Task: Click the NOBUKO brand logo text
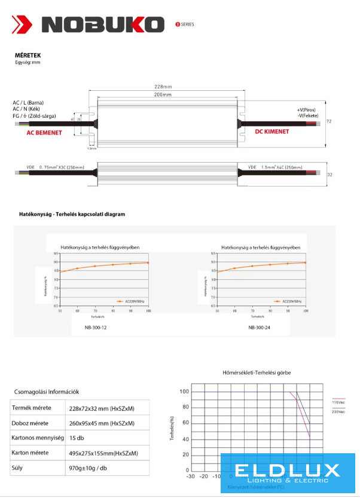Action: [x=103, y=25]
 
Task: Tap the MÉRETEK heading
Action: [x=28, y=56]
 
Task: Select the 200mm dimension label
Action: [x=163, y=95]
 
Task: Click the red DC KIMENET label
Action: [x=272, y=132]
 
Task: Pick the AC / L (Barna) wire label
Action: [x=28, y=103]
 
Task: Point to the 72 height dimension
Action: [x=329, y=121]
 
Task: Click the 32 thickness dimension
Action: [x=329, y=175]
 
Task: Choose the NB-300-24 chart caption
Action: [x=259, y=328]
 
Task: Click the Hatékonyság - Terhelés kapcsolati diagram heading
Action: [x=72, y=214]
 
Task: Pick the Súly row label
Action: [x=19, y=468]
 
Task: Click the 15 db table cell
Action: [x=77, y=438]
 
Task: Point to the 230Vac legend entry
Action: [x=339, y=411]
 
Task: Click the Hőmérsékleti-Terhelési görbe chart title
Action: [x=257, y=372]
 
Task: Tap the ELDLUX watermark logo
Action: [x=287, y=473]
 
